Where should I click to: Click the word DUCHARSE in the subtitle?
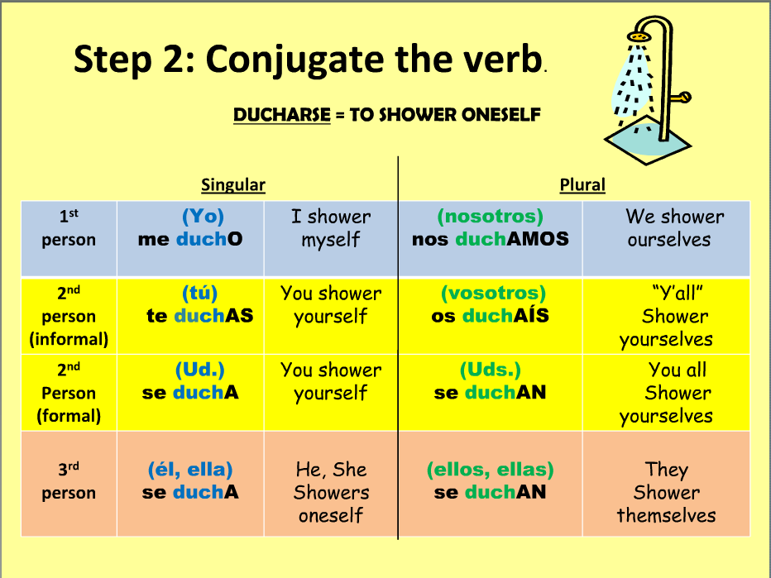click(x=282, y=115)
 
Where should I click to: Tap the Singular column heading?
click(x=233, y=184)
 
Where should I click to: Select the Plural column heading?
click(x=582, y=184)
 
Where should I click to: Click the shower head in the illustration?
click(x=639, y=36)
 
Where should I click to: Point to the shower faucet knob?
click(x=682, y=97)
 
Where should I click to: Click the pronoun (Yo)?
click(x=203, y=217)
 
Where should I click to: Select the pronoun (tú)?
click(x=199, y=293)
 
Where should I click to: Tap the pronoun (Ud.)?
click(x=199, y=370)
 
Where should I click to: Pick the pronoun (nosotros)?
click(x=491, y=217)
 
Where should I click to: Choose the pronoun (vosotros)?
click(x=493, y=293)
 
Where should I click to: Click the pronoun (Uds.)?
click(x=491, y=370)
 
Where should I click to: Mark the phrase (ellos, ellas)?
click(x=491, y=470)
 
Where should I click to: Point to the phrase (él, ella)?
click(x=190, y=470)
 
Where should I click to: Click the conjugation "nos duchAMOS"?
click(x=491, y=239)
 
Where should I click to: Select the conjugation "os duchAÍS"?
click(x=491, y=316)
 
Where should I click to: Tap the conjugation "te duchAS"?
click(x=199, y=316)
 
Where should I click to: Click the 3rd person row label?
click(x=69, y=481)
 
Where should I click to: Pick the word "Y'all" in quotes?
click(x=677, y=294)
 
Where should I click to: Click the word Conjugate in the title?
click(x=296, y=60)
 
